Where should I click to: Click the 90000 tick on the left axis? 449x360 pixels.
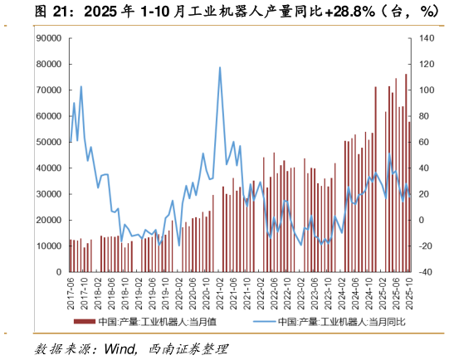click(51, 38)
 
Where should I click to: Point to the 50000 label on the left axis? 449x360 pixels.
click(51, 142)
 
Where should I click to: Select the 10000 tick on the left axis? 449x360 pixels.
click(51, 246)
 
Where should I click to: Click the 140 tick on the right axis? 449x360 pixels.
click(427, 38)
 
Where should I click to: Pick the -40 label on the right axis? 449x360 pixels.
click(427, 272)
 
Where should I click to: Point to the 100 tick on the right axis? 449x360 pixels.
click(427, 90)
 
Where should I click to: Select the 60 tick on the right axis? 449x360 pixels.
click(427, 142)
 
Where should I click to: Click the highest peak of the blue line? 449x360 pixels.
click(220, 67)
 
